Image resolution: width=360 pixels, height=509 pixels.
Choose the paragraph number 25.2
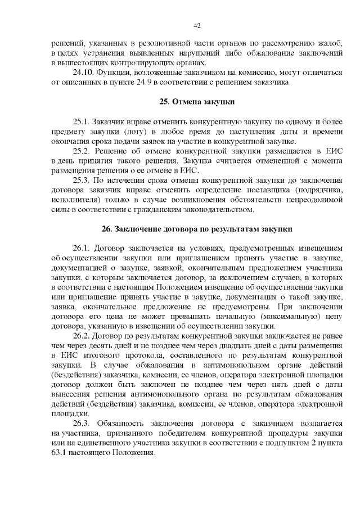[82, 151]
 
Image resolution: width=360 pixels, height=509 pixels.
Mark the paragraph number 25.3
[82, 181]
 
